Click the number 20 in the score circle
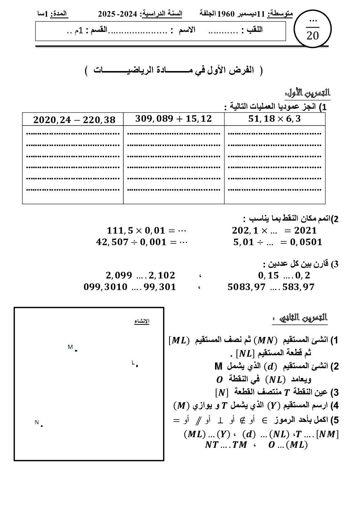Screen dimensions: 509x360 (x=312, y=36)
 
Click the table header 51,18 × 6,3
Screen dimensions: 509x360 (x=275, y=119)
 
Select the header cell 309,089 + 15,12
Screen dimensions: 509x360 (x=174, y=119)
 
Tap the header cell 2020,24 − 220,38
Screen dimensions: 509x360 (x=74, y=120)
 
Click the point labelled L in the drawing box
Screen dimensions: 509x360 (x=136, y=366)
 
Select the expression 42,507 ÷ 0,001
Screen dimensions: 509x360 (x=131, y=242)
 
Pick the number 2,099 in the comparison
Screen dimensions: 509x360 (x=118, y=275)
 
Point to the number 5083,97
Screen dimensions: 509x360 (x=246, y=287)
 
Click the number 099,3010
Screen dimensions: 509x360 (x=105, y=287)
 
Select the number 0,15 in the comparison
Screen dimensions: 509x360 (x=268, y=275)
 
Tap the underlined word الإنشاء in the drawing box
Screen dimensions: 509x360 (x=142, y=321)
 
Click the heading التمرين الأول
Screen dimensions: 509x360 (x=308, y=93)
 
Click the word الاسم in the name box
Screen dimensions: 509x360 (x=187, y=30)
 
